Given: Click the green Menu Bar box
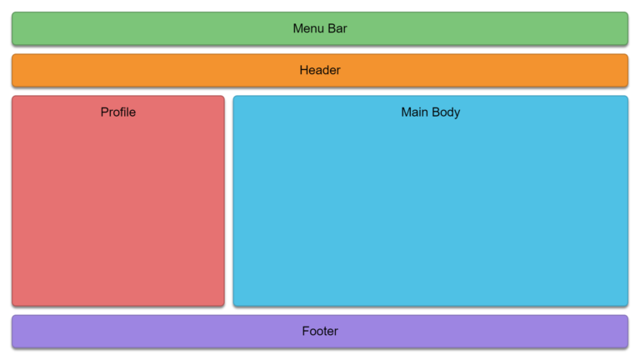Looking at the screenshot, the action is tap(320, 28).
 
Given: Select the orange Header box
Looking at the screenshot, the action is tap(320, 71).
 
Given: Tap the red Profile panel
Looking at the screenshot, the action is tap(118, 201).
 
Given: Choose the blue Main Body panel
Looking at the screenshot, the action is tap(431, 201).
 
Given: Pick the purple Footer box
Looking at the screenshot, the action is tap(320, 332).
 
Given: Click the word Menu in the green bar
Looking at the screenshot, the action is tap(308, 28).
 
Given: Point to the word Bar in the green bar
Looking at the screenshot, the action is tap(337, 28).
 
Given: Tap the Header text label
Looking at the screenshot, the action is tap(320, 70).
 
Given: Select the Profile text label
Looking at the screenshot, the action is tap(118, 112).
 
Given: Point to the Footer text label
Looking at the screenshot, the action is tap(320, 331).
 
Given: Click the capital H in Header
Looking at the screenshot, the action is tap(304, 70).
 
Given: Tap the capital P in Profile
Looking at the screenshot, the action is tap(105, 112).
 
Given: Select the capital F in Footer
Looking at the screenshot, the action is tap(306, 331).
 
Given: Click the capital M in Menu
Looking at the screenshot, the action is tap(298, 28).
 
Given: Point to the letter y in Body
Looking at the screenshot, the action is tap(457, 114).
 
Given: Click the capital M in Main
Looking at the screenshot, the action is tap(407, 112).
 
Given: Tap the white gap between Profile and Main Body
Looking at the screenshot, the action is tap(229, 201).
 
